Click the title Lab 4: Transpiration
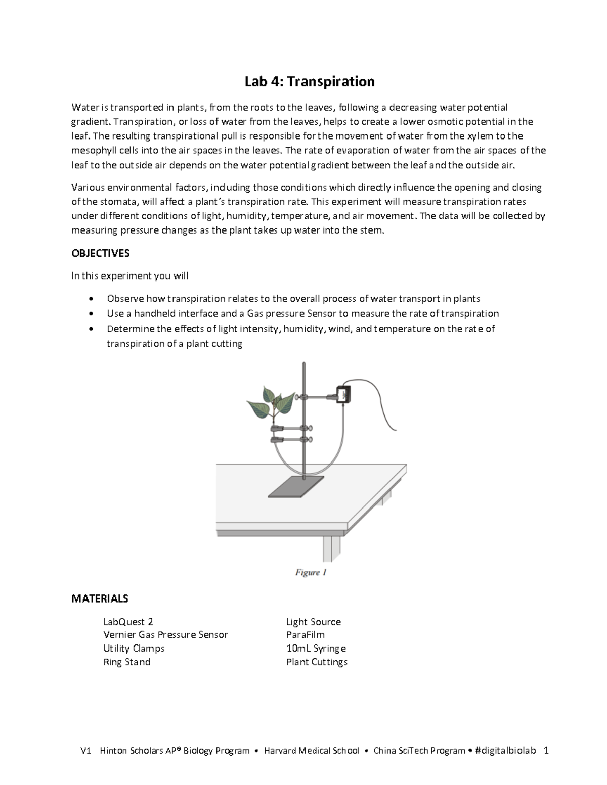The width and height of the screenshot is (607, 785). click(310, 81)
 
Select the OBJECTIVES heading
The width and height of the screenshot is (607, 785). click(101, 253)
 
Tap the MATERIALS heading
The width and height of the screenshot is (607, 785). click(100, 598)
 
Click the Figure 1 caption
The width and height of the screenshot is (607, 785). click(311, 572)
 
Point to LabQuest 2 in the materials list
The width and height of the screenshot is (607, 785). click(128, 622)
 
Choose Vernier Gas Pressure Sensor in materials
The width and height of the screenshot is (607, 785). click(165, 635)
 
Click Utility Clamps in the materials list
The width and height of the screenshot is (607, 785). click(134, 648)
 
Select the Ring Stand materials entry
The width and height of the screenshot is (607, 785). click(127, 662)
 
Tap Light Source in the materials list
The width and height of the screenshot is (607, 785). click(313, 622)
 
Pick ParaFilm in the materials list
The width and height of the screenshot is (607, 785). click(305, 635)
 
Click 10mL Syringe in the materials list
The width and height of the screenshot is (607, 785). click(316, 648)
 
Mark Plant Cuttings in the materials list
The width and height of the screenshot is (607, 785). click(317, 662)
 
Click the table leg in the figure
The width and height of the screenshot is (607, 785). click(331, 548)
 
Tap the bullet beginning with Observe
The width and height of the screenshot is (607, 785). click(293, 298)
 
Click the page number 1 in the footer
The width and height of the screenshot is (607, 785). click(546, 750)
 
